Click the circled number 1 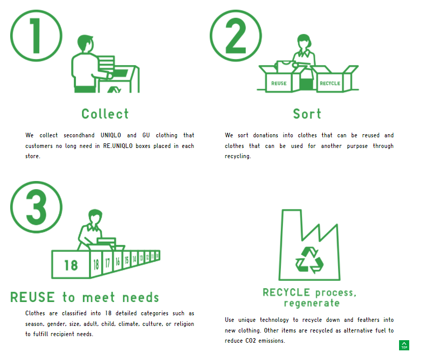(x=36, y=36)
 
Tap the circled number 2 (x=236, y=36)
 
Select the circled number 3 (x=36, y=207)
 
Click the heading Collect (x=105, y=114)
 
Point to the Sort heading (x=307, y=114)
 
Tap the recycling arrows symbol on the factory (x=309, y=260)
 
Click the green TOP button (x=404, y=345)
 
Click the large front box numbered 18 (x=71, y=265)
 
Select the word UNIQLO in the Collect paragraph (x=111, y=135)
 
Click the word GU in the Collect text (x=146, y=135)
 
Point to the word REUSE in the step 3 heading (x=33, y=297)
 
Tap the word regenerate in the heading (x=312, y=303)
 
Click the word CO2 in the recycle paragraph (x=250, y=341)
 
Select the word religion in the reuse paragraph (x=184, y=324)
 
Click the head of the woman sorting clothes (x=304, y=41)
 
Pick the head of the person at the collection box (x=86, y=43)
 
